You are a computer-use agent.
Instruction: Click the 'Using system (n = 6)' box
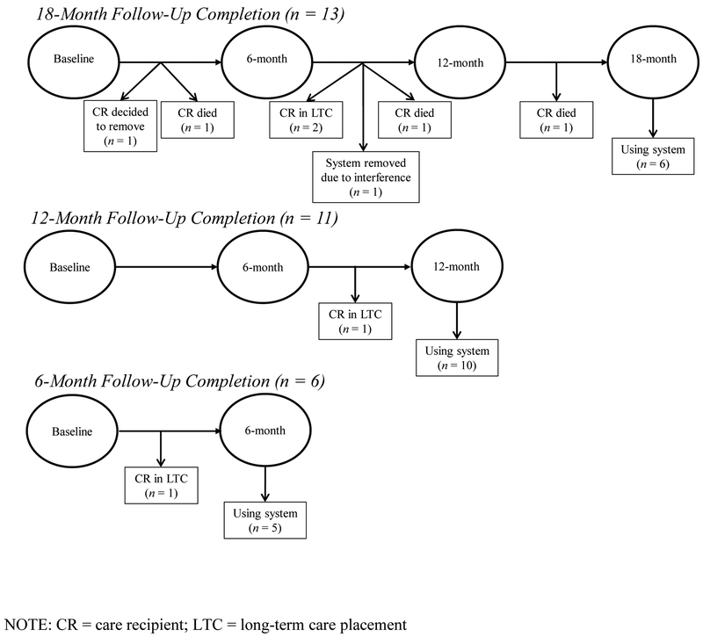(651, 156)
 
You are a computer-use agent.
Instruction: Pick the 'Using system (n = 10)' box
(456, 358)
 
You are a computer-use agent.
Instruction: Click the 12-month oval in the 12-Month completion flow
(457, 265)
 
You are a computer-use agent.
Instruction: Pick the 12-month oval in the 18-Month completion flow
(458, 63)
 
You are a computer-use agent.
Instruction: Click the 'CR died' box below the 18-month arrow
(556, 119)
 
